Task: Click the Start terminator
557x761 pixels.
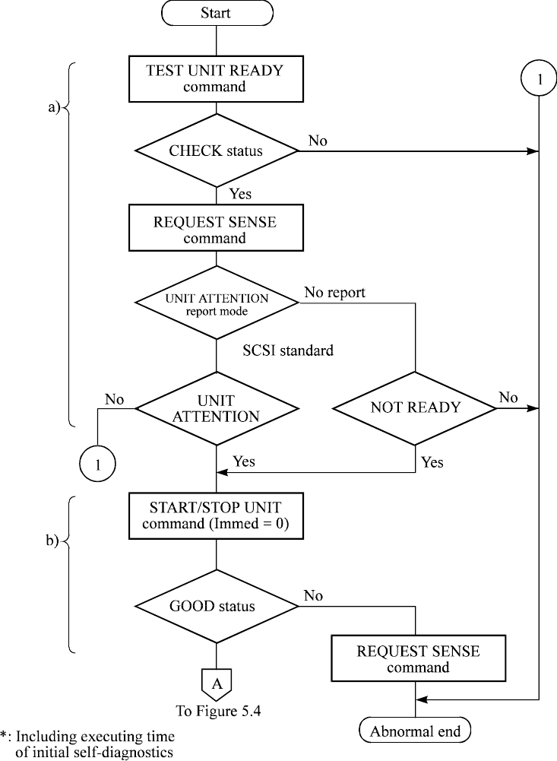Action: pos(216,13)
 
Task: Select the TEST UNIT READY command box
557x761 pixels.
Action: pos(216,79)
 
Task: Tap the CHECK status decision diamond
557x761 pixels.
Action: pos(216,151)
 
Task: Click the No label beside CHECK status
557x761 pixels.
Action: pos(318,141)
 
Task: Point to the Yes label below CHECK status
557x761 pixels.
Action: pos(240,195)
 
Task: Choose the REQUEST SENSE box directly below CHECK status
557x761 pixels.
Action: pos(216,230)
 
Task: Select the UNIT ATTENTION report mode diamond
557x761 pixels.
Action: pos(217,303)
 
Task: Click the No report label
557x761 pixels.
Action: pos(335,292)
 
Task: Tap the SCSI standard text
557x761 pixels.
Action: pos(288,351)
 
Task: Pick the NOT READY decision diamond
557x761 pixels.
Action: pos(415,407)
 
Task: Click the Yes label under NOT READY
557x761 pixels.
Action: pos(432,461)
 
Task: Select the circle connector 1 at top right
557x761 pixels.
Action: pos(539,79)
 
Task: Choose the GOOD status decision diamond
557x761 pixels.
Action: pos(216,607)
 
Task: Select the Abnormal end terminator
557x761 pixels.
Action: pos(415,732)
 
